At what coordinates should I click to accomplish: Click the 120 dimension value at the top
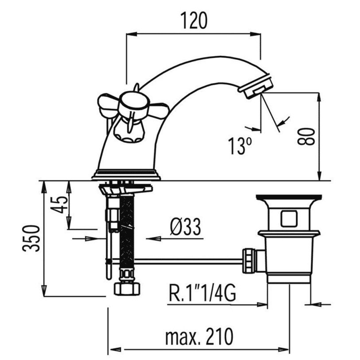(194, 20)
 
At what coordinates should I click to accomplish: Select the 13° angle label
(240, 146)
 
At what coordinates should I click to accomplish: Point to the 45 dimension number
(59, 205)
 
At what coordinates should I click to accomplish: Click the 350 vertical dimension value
(31, 239)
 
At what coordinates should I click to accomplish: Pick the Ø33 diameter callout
(186, 227)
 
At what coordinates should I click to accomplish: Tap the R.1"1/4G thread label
(202, 293)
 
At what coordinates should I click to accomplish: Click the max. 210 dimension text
(199, 337)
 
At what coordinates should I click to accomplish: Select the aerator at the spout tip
(255, 85)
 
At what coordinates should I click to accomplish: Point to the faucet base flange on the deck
(126, 175)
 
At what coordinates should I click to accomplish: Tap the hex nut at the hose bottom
(127, 289)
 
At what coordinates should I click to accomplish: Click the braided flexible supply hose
(127, 232)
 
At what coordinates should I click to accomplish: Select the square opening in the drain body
(289, 219)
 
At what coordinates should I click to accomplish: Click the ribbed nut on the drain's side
(249, 260)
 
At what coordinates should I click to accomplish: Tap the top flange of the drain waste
(289, 197)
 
